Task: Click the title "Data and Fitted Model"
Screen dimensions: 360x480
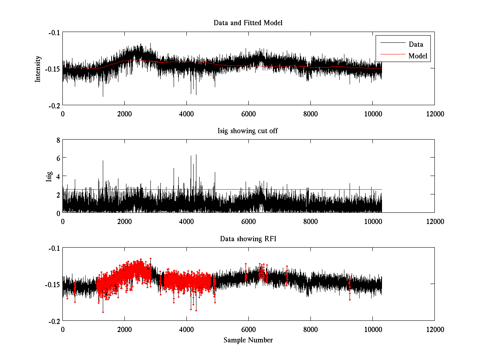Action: pos(248,23)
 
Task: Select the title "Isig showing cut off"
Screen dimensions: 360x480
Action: pos(248,131)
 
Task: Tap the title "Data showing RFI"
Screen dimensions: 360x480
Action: pos(248,239)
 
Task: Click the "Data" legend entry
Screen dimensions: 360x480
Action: pos(416,44)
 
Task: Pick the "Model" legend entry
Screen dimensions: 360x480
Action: pos(418,56)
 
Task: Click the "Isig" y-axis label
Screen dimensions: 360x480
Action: pos(49,176)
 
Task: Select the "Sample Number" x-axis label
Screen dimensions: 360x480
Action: pos(248,340)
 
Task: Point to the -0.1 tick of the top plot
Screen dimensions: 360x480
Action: pos(54,32)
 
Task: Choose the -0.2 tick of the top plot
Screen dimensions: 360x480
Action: pos(54,105)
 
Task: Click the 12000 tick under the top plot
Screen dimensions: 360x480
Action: pos(434,114)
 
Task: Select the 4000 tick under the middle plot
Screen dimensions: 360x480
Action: pos(186,221)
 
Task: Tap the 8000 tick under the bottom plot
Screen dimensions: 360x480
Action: pos(310,329)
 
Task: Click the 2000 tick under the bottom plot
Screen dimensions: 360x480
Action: pos(124,329)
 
